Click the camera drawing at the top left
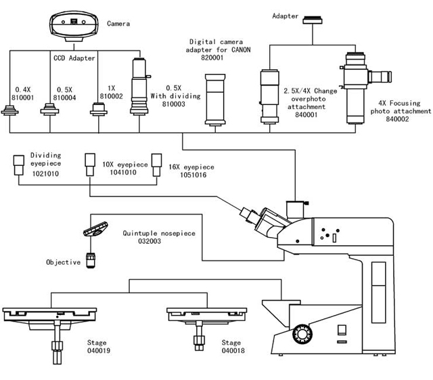point(74,26)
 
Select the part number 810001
point(22,98)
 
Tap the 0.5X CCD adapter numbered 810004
point(49,110)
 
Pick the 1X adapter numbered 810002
point(99,108)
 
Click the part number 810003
point(174,104)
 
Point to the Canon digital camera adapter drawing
point(215,100)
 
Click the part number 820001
point(212,58)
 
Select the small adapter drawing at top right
point(313,20)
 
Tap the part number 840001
point(306,114)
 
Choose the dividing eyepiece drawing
point(18,165)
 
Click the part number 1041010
point(123,172)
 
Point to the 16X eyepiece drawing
point(156,165)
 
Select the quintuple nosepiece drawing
point(95,229)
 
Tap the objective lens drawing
point(91,260)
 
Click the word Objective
point(63,262)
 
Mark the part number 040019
point(99,350)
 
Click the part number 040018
point(233,350)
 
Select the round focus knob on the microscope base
point(302,334)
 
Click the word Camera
point(118,24)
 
